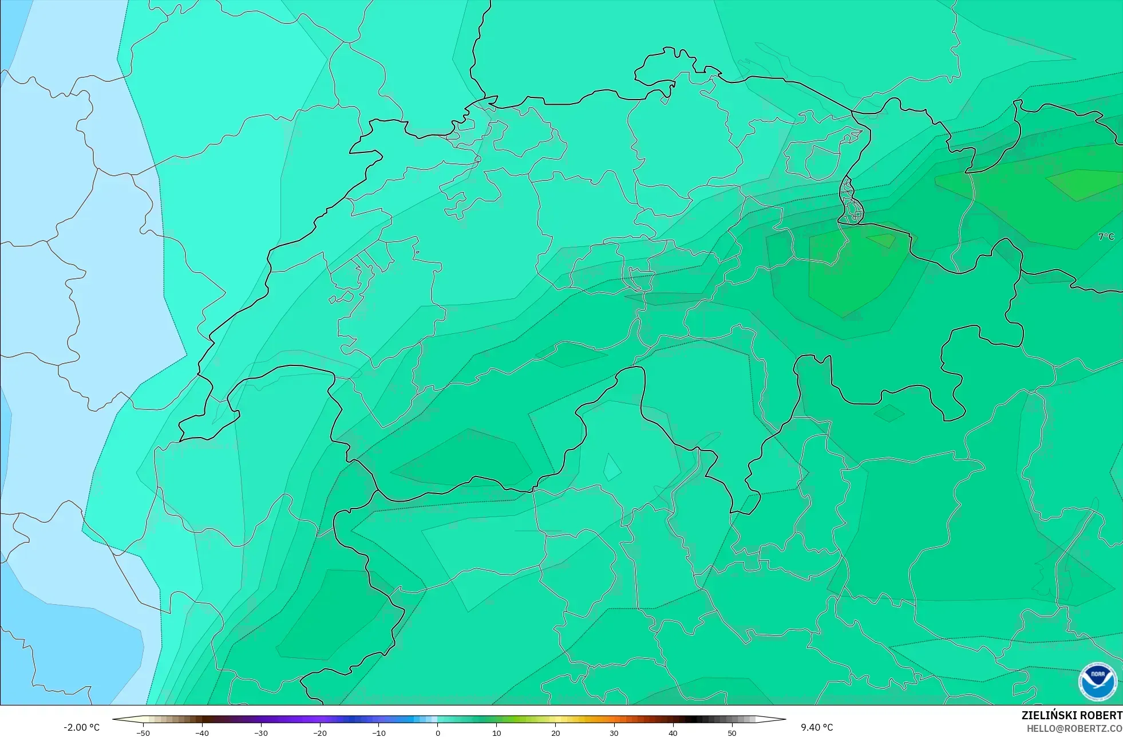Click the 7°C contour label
(x=1106, y=237)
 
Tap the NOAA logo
(x=1097, y=681)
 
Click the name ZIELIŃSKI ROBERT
(x=1071, y=715)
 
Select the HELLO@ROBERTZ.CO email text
(x=1074, y=728)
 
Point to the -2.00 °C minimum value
(x=81, y=727)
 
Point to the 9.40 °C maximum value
(x=817, y=727)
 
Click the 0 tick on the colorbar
(x=438, y=732)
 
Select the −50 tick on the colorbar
(x=143, y=732)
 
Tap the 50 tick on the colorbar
(x=732, y=732)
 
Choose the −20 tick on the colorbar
(x=320, y=732)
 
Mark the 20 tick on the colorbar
(x=556, y=732)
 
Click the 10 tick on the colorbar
(x=497, y=732)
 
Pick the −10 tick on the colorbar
(x=379, y=732)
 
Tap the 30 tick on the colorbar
(x=614, y=732)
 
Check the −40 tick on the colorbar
(x=202, y=732)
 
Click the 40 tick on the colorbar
(x=673, y=732)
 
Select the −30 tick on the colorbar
(x=261, y=732)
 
